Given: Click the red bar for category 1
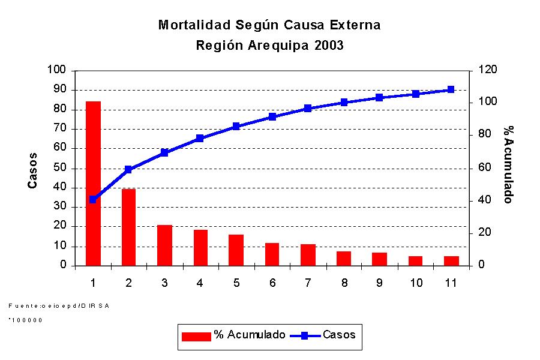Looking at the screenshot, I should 93,183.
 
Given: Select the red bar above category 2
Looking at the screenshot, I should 128,227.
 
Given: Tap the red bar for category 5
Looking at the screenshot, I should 236,250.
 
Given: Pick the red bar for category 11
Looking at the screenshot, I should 451,260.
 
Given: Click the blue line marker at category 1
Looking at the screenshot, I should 93,199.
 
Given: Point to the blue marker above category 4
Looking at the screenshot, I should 200,139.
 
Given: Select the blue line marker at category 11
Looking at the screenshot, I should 451,90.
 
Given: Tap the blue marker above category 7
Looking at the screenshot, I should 308,109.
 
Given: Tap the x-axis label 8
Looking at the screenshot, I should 344,283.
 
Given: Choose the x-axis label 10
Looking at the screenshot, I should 415,283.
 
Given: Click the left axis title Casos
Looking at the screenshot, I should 33,170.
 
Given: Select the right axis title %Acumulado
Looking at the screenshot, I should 508,164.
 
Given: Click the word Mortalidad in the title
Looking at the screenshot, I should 192,25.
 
